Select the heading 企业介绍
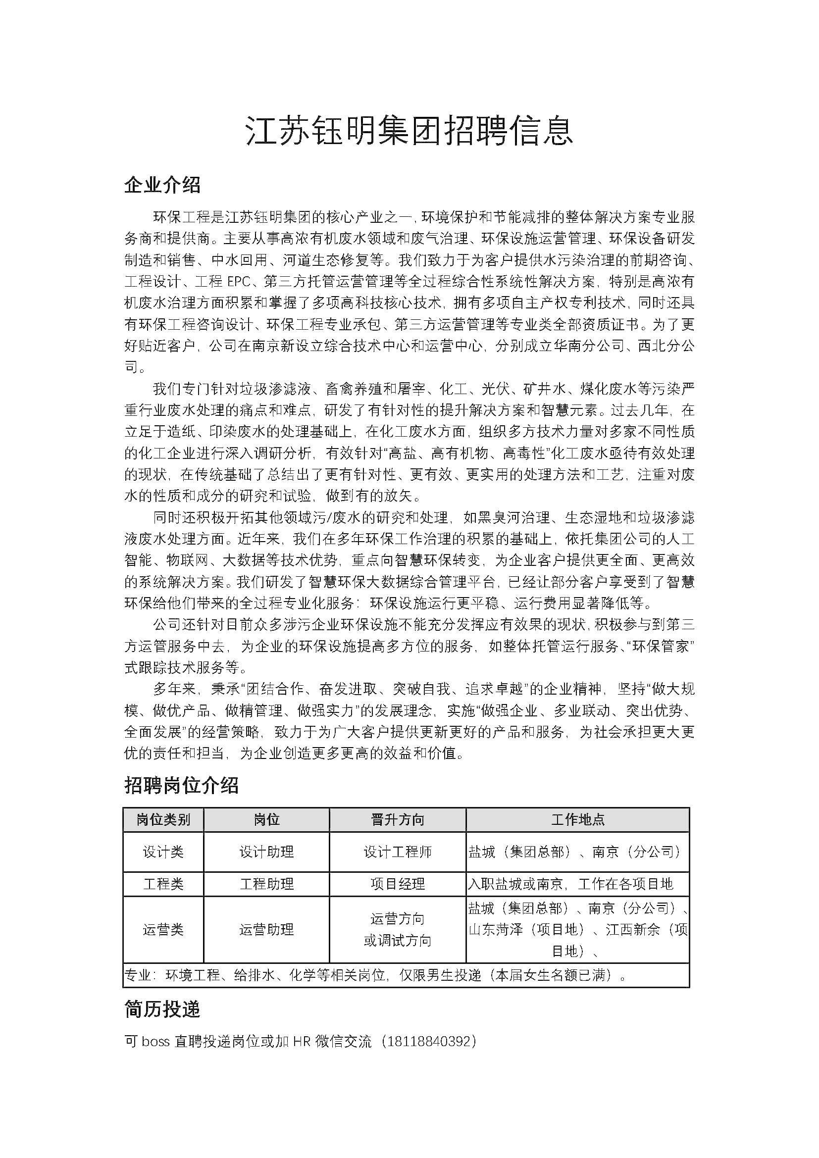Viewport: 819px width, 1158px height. click(x=162, y=185)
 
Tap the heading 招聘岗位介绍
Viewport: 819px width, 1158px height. click(x=182, y=785)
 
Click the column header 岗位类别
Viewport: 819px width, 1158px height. click(x=163, y=819)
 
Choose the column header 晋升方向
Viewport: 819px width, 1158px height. click(x=398, y=819)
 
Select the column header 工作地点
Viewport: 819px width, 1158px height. click(x=577, y=819)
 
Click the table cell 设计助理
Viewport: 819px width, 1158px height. click(x=266, y=852)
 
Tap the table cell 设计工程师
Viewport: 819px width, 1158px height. click(x=398, y=852)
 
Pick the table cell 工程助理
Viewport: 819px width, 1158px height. click(x=266, y=884)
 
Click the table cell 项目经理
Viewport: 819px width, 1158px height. click(x=398, y=884)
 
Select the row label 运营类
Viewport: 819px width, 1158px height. click(x=163, y=930)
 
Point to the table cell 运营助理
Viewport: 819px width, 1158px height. click(x=266, y=930)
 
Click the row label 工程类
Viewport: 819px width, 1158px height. click(x=163, y=884)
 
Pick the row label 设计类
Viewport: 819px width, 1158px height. click(x=163, y=852)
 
